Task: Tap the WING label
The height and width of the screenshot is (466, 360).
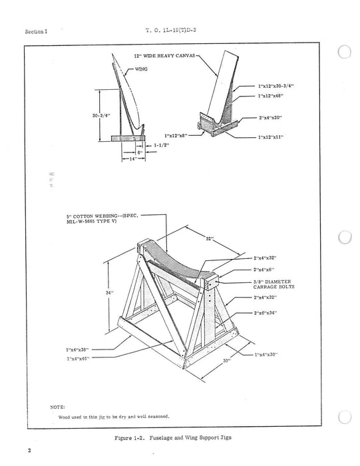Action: (141, 69)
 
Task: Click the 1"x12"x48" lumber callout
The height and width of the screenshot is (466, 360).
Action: (270, 96)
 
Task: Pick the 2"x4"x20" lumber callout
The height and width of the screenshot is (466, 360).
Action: (270, 118)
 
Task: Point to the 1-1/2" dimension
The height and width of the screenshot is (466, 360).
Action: (160, 144)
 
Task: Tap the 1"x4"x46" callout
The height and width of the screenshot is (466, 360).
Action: (77, 358)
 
